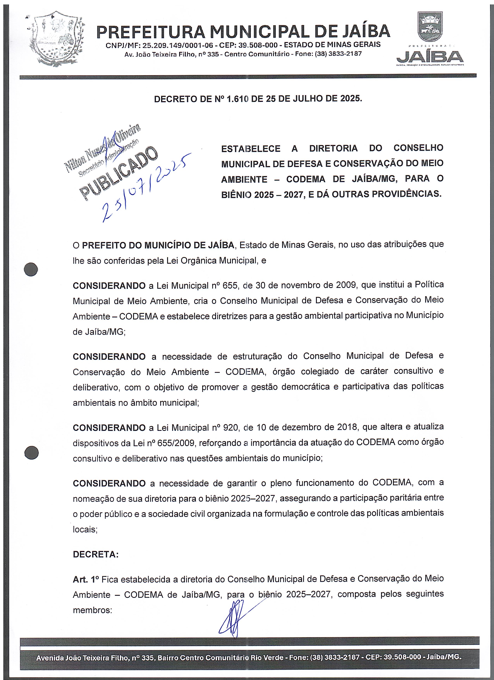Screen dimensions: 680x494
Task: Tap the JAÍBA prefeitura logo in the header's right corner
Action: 430,39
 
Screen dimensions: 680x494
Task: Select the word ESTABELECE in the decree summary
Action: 251,148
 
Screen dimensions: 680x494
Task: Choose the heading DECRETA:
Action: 96,554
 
